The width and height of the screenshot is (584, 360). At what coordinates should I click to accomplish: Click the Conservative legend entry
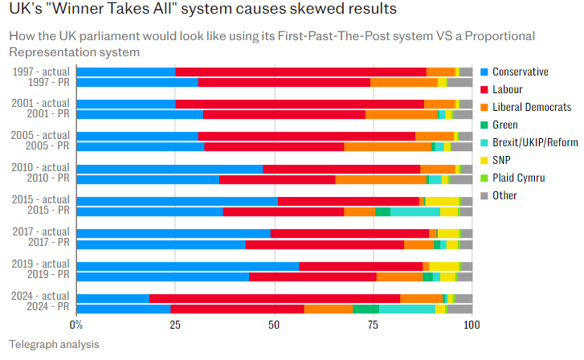coord(519,72)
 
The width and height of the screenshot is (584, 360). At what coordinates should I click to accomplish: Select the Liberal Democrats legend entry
coord(531,107)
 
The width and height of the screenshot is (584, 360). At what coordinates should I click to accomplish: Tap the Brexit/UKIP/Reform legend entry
coord(534,142)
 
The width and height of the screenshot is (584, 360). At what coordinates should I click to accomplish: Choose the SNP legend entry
coord(503,160)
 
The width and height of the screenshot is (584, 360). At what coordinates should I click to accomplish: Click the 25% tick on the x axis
coord(175,325)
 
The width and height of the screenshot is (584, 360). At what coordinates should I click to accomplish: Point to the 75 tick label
coord(373,325)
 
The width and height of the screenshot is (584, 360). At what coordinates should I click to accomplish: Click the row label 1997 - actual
coord(41,72)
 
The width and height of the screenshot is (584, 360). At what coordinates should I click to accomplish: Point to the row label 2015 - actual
coord(41,200)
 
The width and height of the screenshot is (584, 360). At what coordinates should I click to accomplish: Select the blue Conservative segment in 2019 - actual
coord(188,266)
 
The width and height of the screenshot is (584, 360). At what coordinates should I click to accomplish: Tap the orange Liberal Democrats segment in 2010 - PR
coord(381,179)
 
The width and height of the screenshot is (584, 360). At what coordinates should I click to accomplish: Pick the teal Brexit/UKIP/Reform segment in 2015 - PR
coord(415,211)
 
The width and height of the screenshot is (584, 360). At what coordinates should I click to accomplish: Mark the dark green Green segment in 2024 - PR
coord(366,309)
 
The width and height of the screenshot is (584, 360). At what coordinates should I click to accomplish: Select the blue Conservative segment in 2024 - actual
coord(112,298)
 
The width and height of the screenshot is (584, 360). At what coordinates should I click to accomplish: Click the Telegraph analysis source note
coord(54,344)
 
